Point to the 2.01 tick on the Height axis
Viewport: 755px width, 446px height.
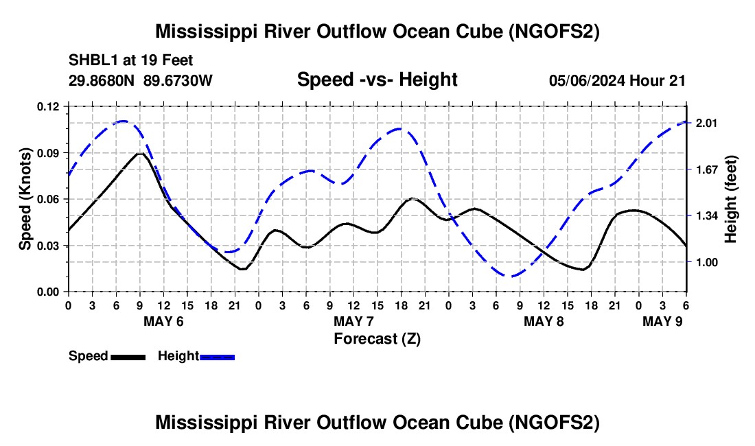[706, 124]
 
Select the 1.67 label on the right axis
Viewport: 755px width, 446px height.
[706, 169]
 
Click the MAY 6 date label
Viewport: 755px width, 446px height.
[164, 321]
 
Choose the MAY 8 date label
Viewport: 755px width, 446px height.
[544, 321]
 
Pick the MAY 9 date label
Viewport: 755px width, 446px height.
[662, 321]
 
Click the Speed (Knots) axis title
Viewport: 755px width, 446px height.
[25, 199]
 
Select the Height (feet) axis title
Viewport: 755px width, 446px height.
[730, 199]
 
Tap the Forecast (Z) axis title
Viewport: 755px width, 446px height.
[377, 339]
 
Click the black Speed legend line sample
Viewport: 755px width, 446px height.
[128, 357]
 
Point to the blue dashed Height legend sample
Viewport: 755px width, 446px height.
[217, 357]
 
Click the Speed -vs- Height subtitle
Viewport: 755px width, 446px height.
[377, 80]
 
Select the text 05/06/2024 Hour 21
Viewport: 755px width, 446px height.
[617, 81]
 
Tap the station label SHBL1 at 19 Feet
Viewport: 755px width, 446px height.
[130, 60]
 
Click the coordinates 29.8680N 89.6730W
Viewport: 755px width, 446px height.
[140, 80]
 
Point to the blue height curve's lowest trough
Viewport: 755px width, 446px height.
[511, 276]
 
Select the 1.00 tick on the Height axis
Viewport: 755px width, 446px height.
[706, 262]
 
